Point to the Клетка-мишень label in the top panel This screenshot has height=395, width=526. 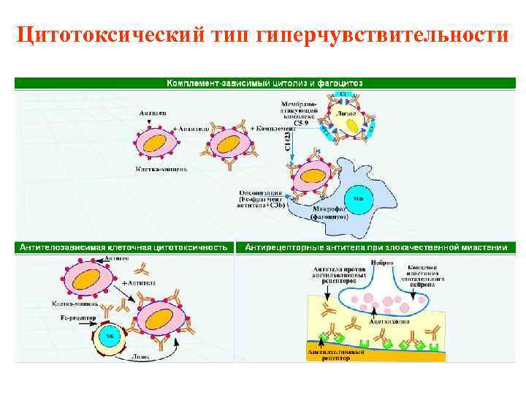click(162, 168)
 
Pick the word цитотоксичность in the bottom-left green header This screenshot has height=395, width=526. click(193, 247)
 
